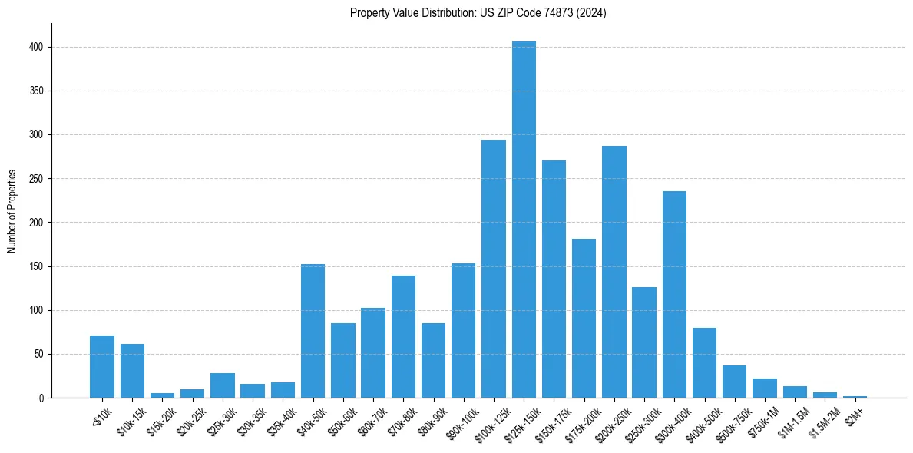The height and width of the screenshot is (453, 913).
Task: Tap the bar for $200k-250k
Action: coord(614,272)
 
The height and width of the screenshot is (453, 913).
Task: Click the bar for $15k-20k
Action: coord(162,395)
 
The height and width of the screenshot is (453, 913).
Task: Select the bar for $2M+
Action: coord(855,397)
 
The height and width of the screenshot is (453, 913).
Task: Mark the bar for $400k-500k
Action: coord(704,362)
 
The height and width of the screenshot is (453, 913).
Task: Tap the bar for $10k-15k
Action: coord(132,371)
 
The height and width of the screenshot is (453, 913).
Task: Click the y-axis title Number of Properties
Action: coord(12,211)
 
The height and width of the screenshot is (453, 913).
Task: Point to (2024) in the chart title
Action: coord(594,13)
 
